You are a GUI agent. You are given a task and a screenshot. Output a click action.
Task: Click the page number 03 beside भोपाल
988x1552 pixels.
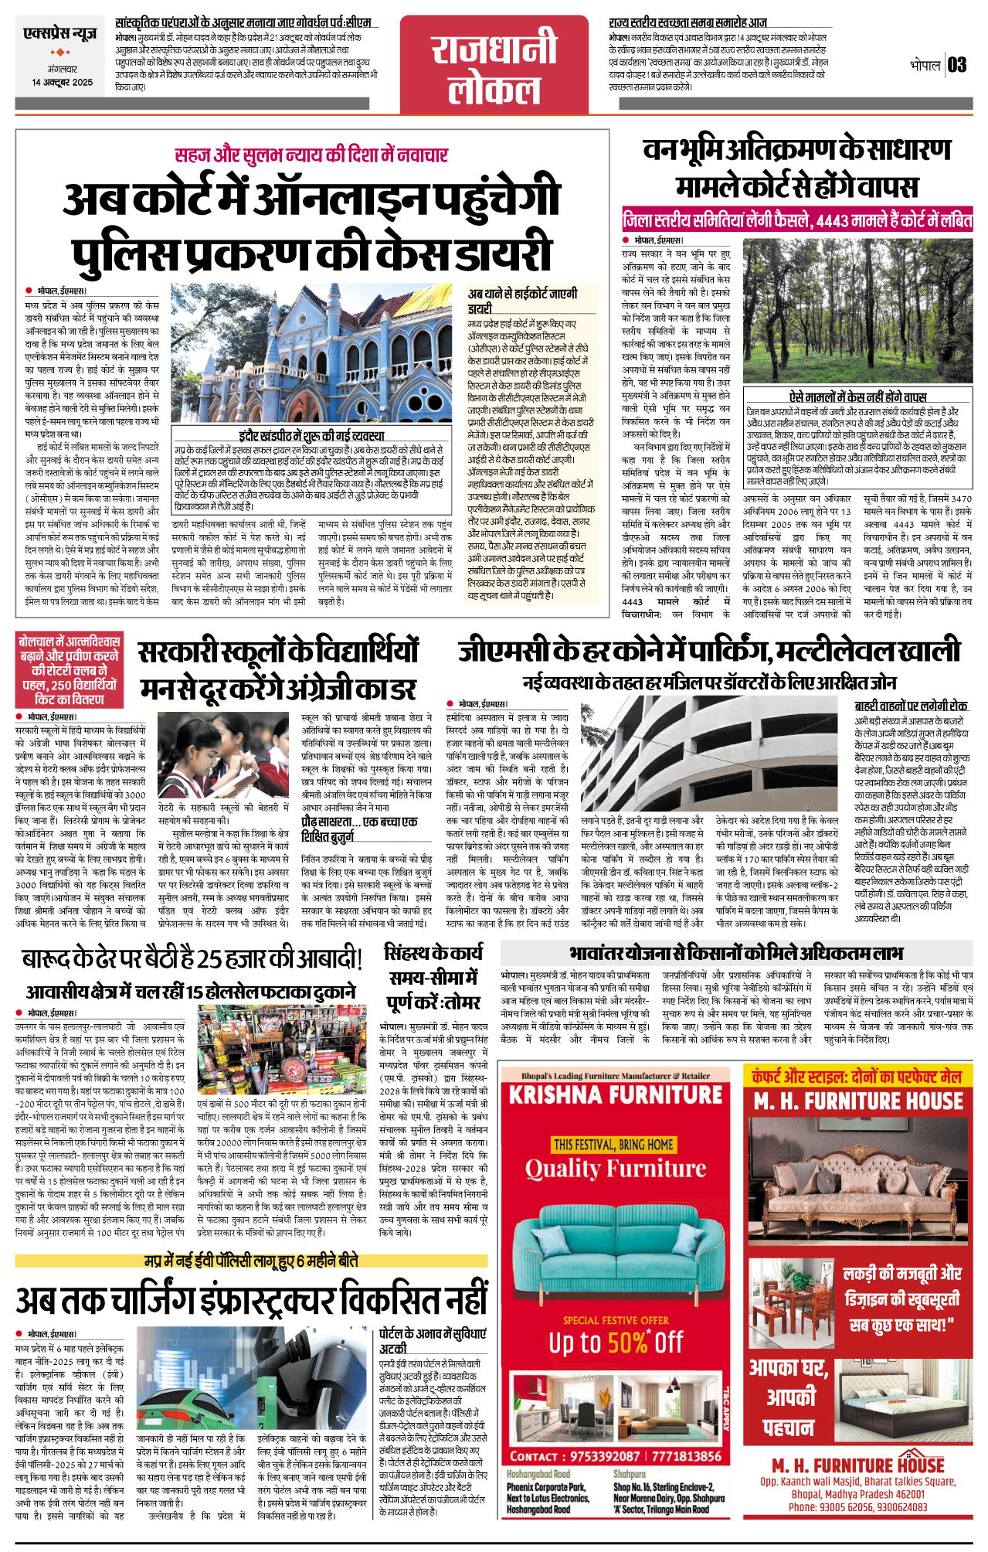957,65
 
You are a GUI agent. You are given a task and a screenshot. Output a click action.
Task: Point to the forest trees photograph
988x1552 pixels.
856,310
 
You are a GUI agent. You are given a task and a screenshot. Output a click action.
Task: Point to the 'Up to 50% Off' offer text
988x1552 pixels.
616,1343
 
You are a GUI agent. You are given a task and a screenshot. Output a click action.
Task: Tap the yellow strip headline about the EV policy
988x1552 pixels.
251,1261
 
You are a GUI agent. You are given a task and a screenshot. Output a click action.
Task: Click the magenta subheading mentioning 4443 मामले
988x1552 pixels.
797,220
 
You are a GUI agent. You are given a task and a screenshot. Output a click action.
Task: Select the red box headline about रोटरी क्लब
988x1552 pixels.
70,670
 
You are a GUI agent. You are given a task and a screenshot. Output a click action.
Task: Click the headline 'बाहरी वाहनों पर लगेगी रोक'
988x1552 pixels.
910,706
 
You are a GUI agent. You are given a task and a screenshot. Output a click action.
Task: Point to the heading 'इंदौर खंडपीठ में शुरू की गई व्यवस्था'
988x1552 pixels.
311,435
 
